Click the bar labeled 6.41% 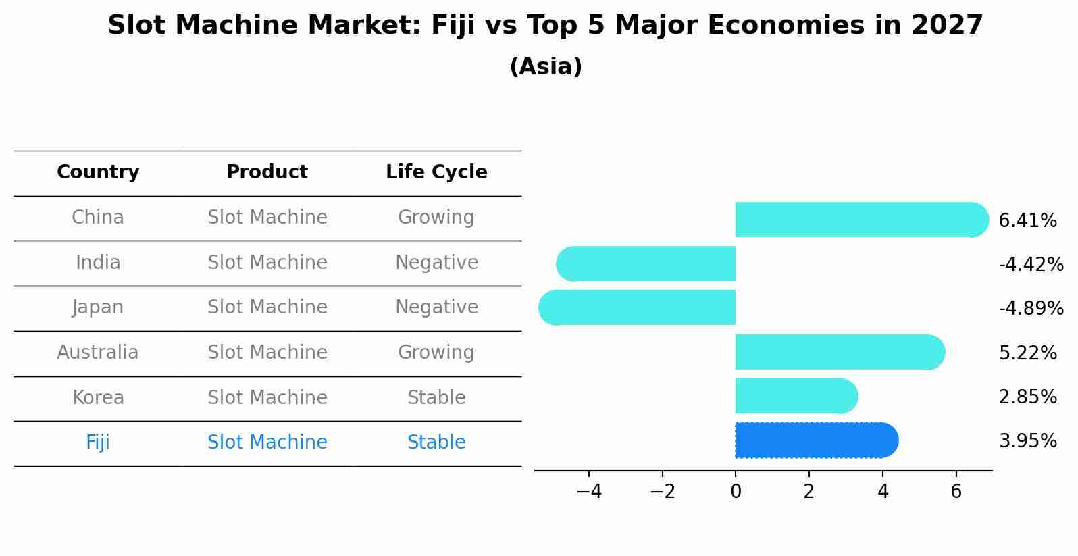(x=858, y=220)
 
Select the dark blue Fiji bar (x=814, y=440)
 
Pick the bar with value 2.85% (x=794, y=396)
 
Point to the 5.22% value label (x=1027, y=353)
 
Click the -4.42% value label (x=1031, y=264)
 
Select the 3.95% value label (x=1027, y=441)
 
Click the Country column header (x=98, y=172)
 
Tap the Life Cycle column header (x=436, y=172)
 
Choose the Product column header (x=267, y=172)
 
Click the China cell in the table (x=98, y=218)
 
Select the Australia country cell (x=98, y=353)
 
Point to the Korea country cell (x=98, y=398)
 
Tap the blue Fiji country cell (x=98, y=443)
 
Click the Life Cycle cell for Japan (x=436, y=307)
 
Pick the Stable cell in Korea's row (x=436, y=398)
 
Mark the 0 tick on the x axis (x=736, y=491)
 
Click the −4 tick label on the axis (x=588, y=491)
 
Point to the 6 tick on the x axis (x=956, y=491)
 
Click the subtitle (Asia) (x=546, y=67)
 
